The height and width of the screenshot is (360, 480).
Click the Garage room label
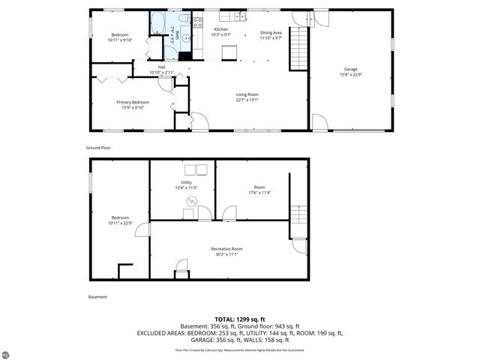pyautogui.click(x=350, y=69)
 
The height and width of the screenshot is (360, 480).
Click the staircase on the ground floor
pyautogui.click(x=298, y=48)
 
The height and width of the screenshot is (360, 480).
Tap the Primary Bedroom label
pyautogui.click(x=132, y=102)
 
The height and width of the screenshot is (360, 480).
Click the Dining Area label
pyautogui.click(x=271, y=33)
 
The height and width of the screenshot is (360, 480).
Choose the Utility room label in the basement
pyautogui.click(x=186, y=182)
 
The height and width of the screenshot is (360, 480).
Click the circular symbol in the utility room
pyautogui.click(x=190, y=200)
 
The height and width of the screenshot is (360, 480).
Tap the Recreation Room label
pyautogui.click(x=226, y=248)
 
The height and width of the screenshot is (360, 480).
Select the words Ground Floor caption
pyautogui.click(x=98, y=148)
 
